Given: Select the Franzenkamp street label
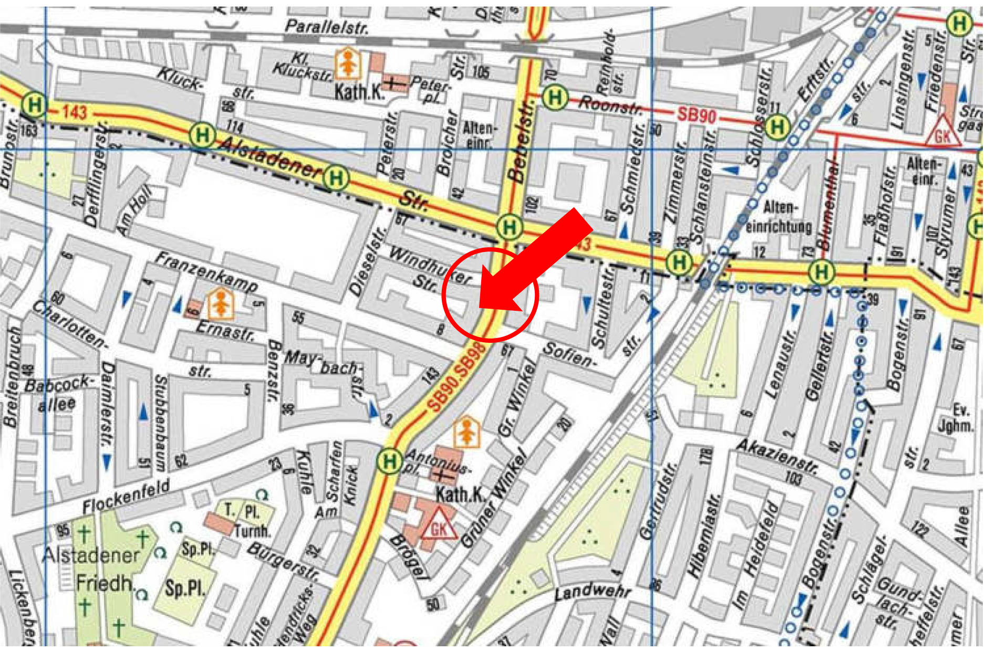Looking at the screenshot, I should click(206, 272).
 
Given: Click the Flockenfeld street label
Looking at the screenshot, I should click(126, 496).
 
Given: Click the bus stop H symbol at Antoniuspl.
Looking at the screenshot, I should click(389, 461).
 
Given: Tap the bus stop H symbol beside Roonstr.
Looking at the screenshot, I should click(555, 97).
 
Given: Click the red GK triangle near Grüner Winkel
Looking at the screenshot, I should click(438, 525).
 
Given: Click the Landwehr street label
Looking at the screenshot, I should click(592, 592).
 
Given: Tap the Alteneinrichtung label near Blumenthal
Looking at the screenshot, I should click(779, 217).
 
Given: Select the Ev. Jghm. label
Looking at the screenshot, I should click(956, 417).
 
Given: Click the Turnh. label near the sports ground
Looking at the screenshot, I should click(252, 531).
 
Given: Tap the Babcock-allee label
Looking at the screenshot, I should click(59, 394).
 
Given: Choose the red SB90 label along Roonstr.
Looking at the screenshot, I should click(696, 114).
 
